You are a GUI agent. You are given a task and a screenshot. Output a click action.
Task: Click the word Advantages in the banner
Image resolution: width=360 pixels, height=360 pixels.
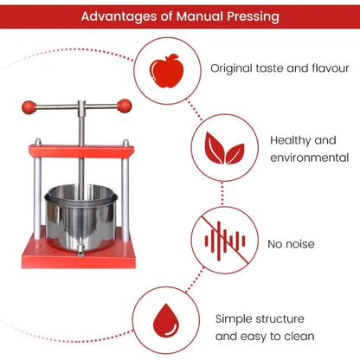click(119, 16)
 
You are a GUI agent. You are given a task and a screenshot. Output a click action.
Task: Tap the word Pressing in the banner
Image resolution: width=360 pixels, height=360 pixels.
click(253, 16)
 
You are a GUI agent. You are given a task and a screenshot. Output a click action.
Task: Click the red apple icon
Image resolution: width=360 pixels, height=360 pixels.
click(167, 71)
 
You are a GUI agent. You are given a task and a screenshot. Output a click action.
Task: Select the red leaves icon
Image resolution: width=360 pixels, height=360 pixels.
click(224, 148)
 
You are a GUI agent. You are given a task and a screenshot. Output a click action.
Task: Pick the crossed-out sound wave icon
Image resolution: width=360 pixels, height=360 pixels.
click(225, 241)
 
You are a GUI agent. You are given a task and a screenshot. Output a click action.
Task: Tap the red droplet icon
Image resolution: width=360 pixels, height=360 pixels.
click(166, 320)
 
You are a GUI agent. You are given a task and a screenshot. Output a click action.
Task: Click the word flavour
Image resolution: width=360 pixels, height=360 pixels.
click(331, 68)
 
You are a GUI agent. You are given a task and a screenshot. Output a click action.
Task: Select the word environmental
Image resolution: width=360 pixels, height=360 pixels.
click(310, 157)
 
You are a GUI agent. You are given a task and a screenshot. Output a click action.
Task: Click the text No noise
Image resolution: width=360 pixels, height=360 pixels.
click(291, 244)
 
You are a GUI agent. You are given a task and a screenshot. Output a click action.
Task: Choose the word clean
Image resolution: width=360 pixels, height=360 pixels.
click(299, 337)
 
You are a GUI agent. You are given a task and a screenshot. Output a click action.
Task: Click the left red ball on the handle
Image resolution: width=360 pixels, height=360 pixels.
click(29, 107)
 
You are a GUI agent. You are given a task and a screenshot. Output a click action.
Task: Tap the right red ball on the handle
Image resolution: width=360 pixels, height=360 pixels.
click(125, 106)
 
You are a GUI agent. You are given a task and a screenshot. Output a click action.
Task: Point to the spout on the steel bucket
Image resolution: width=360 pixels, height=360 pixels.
click(80, 251)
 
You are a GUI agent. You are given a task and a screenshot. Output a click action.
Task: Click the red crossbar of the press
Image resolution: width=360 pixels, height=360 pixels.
click(81, 151)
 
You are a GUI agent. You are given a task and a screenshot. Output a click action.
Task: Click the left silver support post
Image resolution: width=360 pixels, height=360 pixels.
click(37, 190)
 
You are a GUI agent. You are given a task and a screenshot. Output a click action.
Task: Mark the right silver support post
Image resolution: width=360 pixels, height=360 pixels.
click(125, 191)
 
